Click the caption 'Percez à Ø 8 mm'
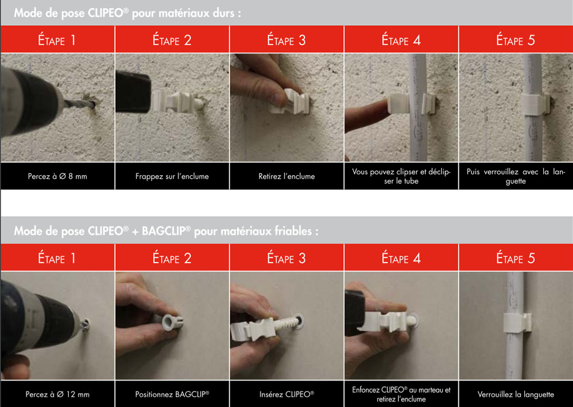pos(57,176)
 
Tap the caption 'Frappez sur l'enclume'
pos(172,176)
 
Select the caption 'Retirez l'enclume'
pos(286,176)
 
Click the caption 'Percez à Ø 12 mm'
pos(57,394)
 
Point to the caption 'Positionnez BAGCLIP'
pos(172,394)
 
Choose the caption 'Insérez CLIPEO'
pos(286,394)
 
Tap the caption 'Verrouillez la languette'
pos(516,394)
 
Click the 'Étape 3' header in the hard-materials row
pos(286,40)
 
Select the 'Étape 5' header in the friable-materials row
pos(516,258)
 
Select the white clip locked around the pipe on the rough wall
pos(535,104)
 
